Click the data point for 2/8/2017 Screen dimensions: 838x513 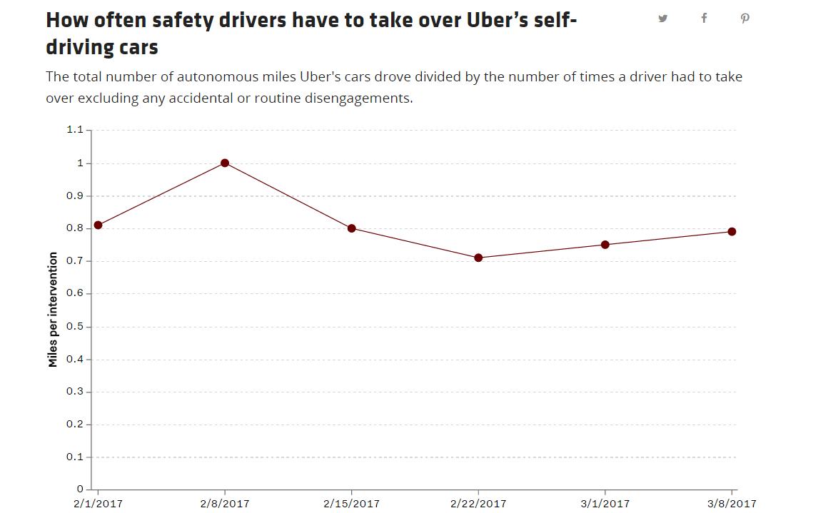tap(225, 163)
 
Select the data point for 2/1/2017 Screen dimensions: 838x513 tap(99, 225)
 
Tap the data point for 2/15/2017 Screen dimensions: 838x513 tap(352, 229)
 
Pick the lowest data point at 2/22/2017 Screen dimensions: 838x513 tap(478, 258)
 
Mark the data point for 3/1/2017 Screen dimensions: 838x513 tap(605, 245)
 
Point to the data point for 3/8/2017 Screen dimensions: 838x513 tap(732, 232)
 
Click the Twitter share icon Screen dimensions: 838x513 tap(662, 19)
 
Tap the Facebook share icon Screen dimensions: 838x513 tap(705, 18)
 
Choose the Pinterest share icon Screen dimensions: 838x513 tap(745, 19)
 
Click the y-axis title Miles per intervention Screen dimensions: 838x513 tap(52, 310)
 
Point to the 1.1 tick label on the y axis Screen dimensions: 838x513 tap(75, 130)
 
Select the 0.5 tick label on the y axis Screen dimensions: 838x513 tap(75, 327)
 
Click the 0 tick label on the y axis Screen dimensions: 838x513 tap(80, 489)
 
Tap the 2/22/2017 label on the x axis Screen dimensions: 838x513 tap(478, 504)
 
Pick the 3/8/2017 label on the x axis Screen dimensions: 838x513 tap(732, 504)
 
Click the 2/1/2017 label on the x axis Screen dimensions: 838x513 tap(99, 504)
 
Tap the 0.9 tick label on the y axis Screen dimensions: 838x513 tap(75, 196)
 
